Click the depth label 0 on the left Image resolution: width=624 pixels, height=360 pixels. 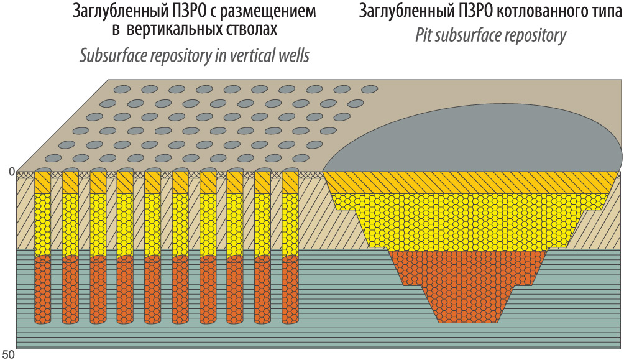click(x=12, y=172)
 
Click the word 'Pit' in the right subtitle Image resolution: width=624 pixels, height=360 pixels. click(x=424, y=35)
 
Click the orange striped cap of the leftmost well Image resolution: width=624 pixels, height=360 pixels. click(x=43, y=182)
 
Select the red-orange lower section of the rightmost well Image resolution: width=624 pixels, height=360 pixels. click(x=290, y=290)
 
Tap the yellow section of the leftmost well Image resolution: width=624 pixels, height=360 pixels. click(x=43, y=225)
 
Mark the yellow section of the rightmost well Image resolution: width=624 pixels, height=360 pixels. click(x=290, y=225)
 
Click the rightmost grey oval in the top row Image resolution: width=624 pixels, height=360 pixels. click(x=370, y=89)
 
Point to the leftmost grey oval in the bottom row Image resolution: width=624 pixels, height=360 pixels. click(x=53, y=159)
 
